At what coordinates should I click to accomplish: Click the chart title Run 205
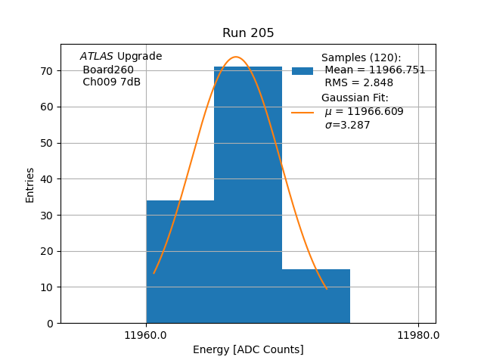tap(248, 33)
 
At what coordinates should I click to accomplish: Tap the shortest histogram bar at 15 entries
tap(316, 296)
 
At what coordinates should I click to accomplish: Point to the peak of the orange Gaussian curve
tap(235, 57)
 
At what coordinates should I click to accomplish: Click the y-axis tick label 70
tap(45, 71)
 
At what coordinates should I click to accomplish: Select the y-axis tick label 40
tap(45, 179)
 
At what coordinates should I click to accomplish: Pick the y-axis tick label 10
tap(45, 287)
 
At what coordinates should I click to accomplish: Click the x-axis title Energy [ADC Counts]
tap(248, 349)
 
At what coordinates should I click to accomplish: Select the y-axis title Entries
tap(30, 185)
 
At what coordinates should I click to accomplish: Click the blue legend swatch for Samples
tap(302, 70)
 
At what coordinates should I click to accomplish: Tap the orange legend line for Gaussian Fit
tap(302, 113)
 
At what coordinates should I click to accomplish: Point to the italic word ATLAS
tap(97, 57)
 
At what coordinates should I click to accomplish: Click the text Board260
tap(108, 70)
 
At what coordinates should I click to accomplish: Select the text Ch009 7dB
tap(111, 82)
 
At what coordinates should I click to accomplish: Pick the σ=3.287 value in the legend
tap(347, 126)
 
